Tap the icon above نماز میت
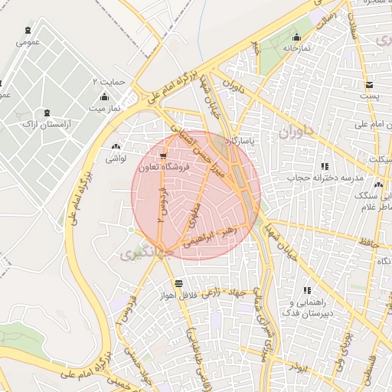click(x=104, y=97)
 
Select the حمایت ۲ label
click(x=106, y=81)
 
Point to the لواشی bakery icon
click(x=116, y=147)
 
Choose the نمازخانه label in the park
click(x=297, y=47)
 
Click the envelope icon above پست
click(x=370, y=84)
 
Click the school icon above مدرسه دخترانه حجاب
click(x=325, y=166)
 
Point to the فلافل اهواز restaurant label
click(x=179, y=294)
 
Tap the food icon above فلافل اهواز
click(x=178, y=283)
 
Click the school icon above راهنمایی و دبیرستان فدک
click(x=307, y=290)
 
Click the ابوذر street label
click(x=297, y=367)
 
